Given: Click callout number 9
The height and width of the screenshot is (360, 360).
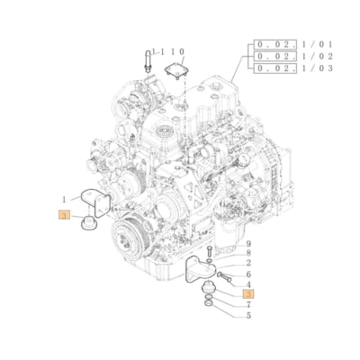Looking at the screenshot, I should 248,245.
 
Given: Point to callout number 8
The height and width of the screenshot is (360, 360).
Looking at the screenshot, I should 248,254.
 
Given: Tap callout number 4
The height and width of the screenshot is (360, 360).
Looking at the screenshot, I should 248,283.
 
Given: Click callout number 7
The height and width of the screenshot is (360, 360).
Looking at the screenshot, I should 248,304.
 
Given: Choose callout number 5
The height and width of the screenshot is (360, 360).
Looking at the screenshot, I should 248,315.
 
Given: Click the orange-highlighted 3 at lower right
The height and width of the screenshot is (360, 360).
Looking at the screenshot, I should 248,293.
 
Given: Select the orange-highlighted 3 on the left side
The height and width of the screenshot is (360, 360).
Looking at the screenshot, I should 64,215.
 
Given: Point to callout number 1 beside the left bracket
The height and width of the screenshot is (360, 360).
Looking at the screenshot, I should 64,198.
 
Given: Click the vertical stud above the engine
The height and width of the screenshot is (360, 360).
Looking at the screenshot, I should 144,60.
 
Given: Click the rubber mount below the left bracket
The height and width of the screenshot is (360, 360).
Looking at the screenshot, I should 90,220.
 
